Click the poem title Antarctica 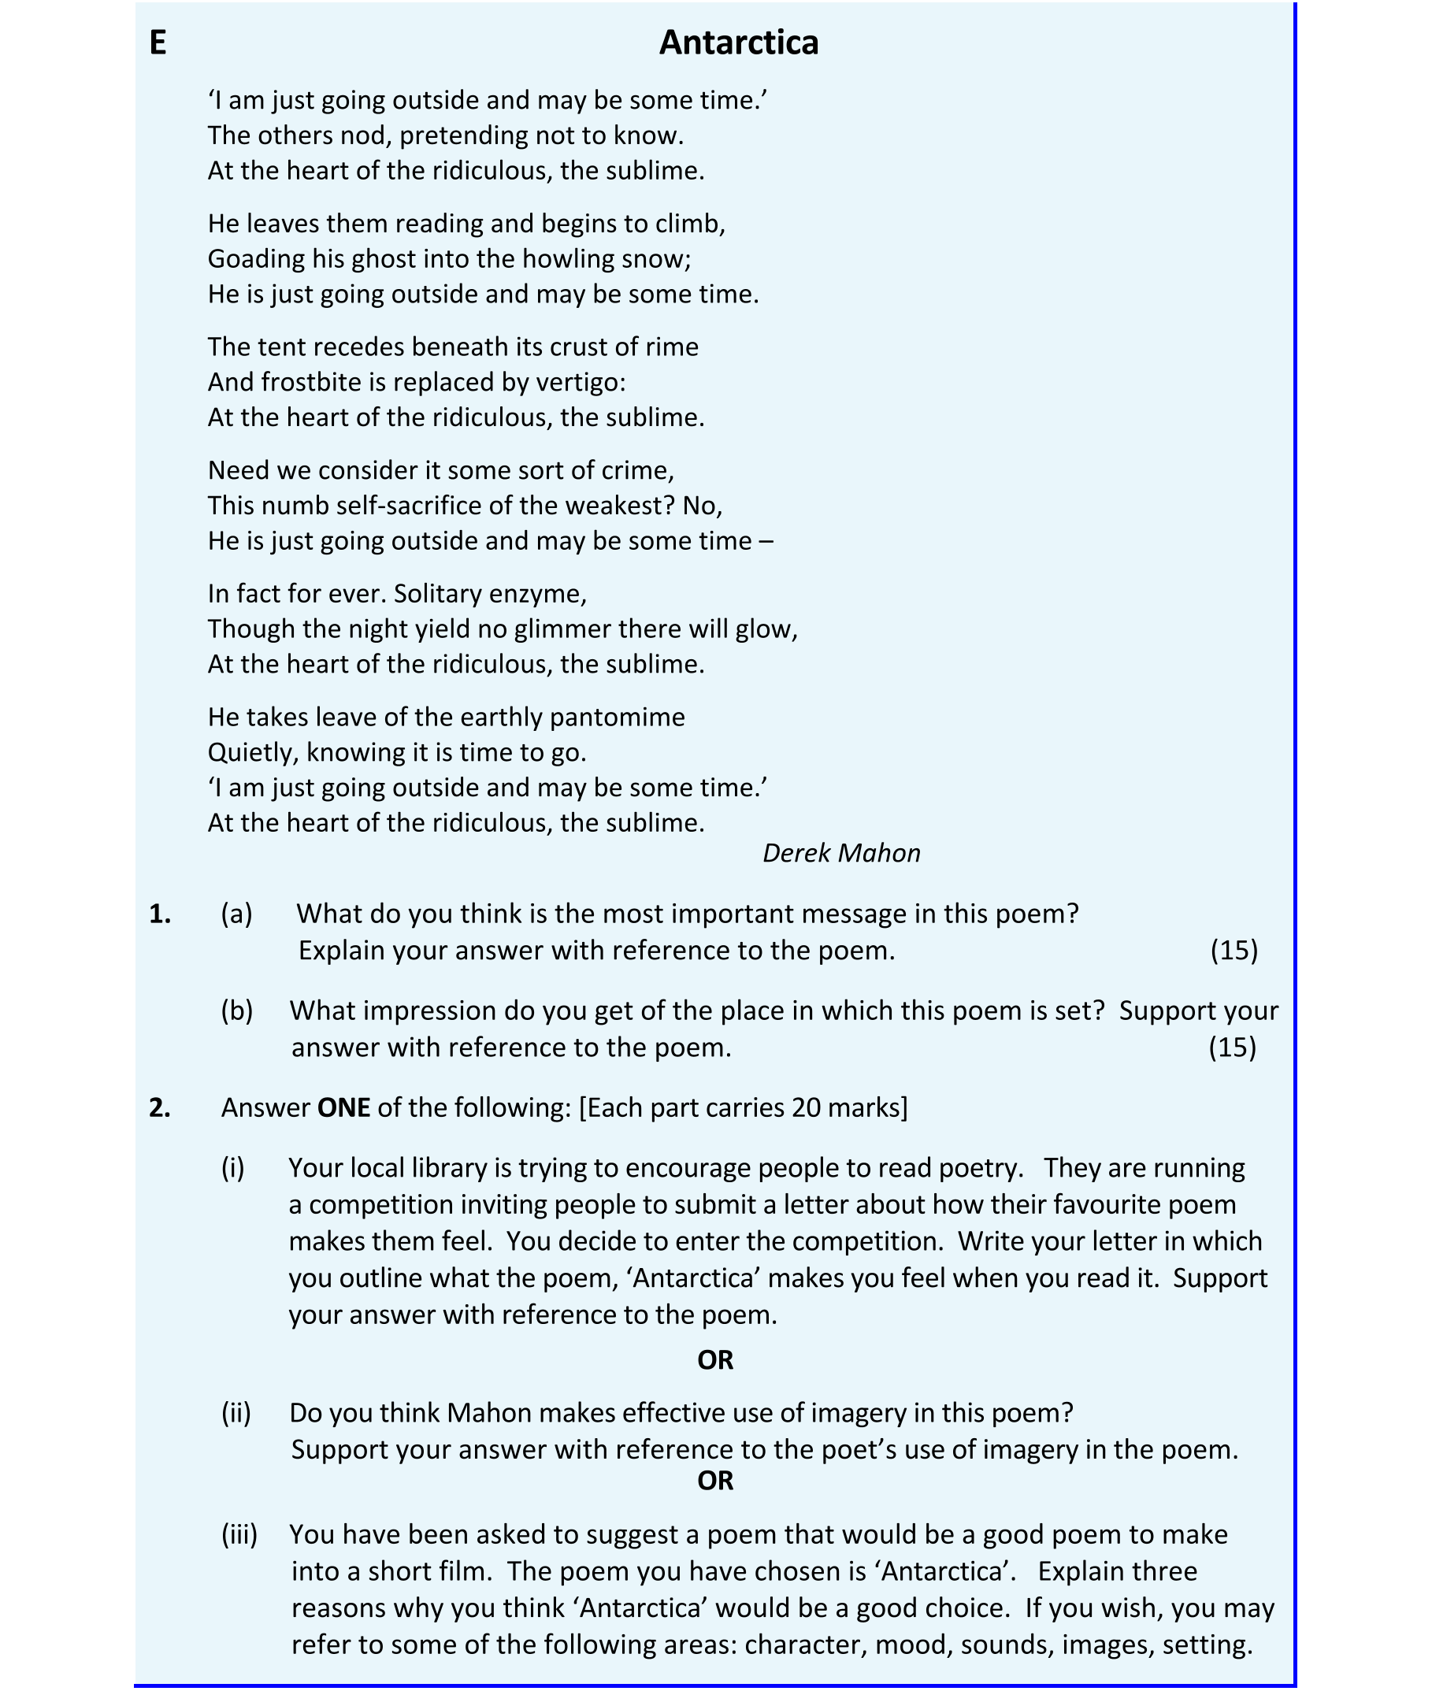(738, 43)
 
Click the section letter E (158, 43)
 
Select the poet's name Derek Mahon (841, 852)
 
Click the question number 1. (160, 914)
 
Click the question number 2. (160, 1107)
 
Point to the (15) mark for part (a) (1234, 950)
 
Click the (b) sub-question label (237, 1011)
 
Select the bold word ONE (343, 1107)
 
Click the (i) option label (233, 1167)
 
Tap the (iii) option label (239, 1534)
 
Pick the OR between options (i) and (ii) (715, 1359)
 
